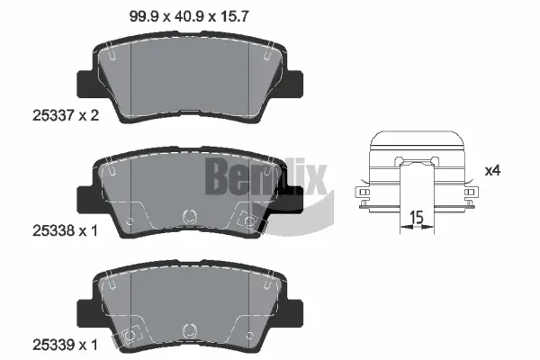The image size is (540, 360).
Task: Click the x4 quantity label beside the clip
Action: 493,169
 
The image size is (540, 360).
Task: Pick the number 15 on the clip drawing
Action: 416,216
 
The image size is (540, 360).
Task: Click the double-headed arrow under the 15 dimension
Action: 416,228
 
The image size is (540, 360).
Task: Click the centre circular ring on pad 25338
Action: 190,216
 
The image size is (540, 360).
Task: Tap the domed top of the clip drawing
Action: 416,139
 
